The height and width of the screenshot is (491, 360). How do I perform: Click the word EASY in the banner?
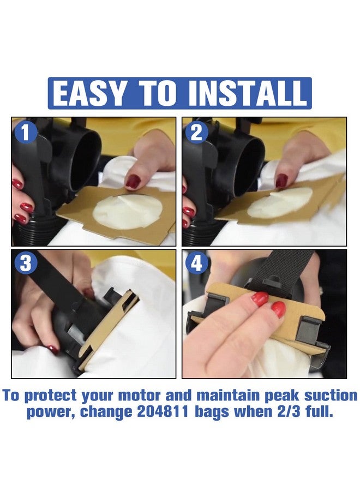88,93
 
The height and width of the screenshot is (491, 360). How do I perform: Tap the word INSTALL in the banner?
248,93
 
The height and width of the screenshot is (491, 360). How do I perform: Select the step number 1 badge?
26,132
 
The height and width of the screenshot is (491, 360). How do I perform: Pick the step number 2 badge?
196,133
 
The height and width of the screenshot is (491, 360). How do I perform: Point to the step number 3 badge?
26,263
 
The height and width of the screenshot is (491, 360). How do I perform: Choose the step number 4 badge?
196,264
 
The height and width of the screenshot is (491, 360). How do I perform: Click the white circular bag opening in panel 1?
128,211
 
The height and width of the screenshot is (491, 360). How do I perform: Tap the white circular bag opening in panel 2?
280,202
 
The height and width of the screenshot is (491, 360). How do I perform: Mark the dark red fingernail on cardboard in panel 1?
133,181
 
